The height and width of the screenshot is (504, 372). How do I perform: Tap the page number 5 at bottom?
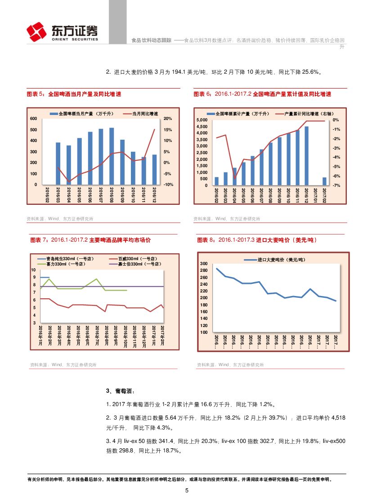187,491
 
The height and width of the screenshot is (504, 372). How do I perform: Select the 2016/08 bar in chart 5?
112,156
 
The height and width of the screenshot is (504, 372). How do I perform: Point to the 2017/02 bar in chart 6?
324,181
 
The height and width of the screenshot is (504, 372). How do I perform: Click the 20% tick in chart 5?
168,119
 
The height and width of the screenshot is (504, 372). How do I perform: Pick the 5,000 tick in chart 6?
202,120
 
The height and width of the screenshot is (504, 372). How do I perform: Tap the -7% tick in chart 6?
336,186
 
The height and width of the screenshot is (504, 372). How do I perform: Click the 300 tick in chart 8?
204,264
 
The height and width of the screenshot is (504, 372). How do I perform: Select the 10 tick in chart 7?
33,270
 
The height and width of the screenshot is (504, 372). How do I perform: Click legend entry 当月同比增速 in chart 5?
145,114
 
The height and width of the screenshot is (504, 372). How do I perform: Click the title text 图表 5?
36,94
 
